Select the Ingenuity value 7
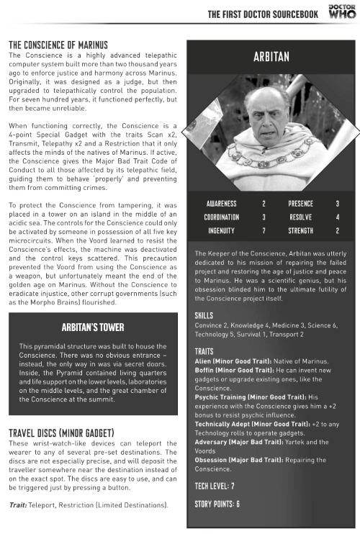tap(264, 230)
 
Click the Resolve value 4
tap(337, 217)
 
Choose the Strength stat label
tap(301, 230)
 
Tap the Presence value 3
tap(337, 204)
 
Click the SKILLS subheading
tap(204, 315)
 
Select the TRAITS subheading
tap(204, 350)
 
